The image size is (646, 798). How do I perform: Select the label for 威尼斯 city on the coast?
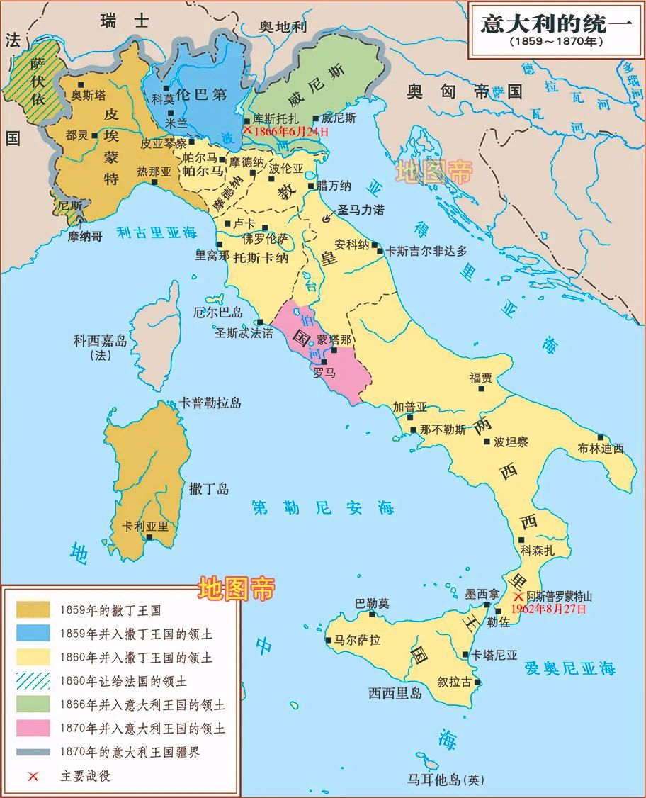(x=339, y=118)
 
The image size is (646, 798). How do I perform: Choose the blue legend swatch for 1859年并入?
(x=34, y=634)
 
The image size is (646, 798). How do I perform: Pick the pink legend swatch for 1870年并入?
(x=34, y=728)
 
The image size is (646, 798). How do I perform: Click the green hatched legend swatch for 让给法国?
(x=34, y=681)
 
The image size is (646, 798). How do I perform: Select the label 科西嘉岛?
(x=100, y=341)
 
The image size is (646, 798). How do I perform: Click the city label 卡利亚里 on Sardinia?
(x=145, y=527)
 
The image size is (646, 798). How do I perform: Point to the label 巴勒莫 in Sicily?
(x=372, y=604)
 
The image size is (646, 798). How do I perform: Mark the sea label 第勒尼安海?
(x=323, y=507)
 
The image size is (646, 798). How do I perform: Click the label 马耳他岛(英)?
(x=446, y=780)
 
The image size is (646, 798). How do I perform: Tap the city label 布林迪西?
(x=600, y=448)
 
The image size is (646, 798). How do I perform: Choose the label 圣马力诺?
(x=362, y=210)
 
